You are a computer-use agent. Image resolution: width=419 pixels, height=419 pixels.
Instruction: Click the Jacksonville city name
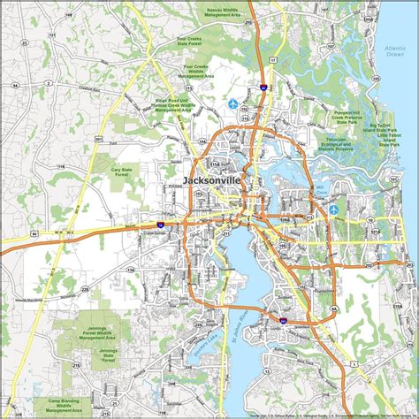[x=212, y=180]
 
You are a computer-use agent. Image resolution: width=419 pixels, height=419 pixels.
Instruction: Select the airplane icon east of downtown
[x=333, y=209]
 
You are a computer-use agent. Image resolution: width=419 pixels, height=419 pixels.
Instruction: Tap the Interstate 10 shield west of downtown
[x=159, y=225]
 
